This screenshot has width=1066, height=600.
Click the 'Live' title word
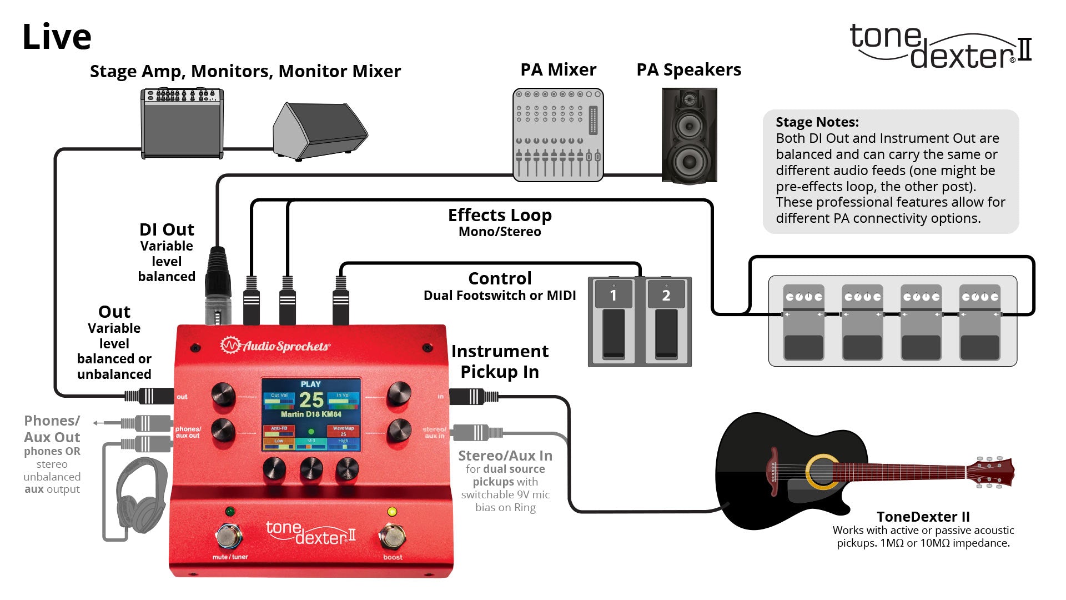pos(57,37)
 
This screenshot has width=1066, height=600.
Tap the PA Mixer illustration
pos(557,135)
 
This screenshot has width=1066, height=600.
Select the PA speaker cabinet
pos(689,135)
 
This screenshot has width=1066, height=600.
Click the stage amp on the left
pos(182,123)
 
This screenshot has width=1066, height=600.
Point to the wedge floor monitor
pos(320,131)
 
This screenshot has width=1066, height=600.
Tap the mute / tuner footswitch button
pos(229,536)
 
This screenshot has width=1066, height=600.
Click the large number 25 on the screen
pos(311,400)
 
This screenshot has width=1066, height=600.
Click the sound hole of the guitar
pos(822,472)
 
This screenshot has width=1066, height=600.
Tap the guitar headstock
pos(990,472)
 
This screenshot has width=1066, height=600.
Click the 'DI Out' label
pos(167,229)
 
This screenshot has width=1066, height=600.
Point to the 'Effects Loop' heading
pos(500,215)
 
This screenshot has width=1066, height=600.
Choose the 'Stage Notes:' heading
pos(817,122)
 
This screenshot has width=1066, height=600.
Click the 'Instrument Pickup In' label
pos(500,361)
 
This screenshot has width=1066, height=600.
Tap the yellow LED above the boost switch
pos(391,512)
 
